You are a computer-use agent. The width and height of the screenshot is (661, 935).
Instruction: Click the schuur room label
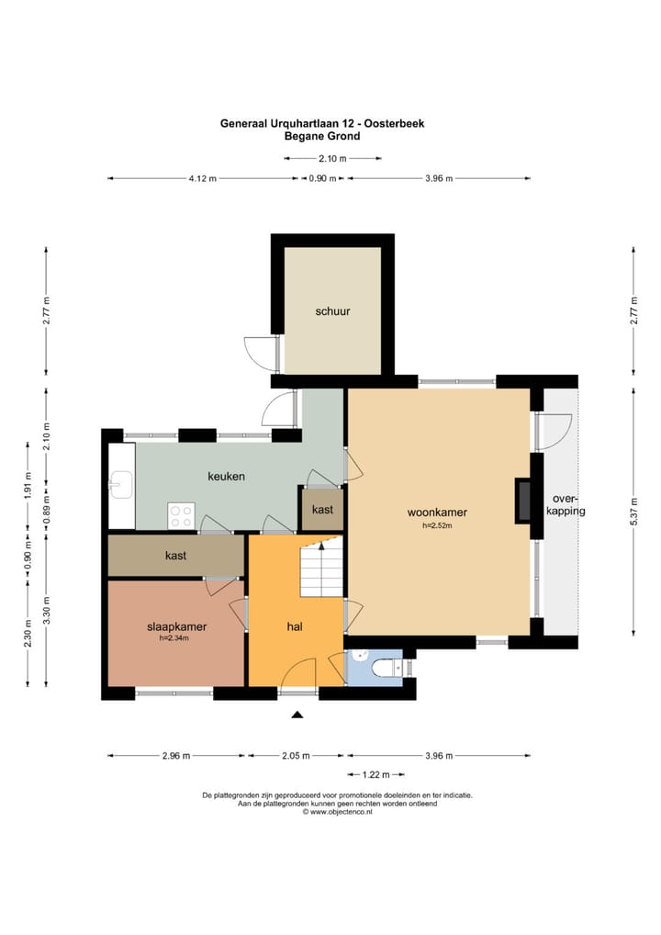332,311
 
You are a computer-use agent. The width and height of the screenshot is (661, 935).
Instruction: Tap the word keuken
226,476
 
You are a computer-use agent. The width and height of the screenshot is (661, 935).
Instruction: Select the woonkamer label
437,513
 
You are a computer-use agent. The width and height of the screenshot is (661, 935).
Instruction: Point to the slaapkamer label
176,626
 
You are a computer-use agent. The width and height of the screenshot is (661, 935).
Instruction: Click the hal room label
295,626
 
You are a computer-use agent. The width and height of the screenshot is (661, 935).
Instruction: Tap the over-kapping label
566,504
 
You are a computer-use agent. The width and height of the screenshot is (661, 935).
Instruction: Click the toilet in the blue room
388,669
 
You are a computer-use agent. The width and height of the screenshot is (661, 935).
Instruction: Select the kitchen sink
121,484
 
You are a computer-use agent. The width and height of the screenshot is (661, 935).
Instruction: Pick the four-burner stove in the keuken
181,516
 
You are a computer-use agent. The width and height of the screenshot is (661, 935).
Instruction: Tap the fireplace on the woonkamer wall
522,501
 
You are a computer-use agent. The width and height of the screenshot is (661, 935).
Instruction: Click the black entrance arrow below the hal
297,715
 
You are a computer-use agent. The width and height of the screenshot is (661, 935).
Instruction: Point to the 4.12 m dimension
203,178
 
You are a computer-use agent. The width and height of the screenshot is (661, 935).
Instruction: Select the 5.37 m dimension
633,512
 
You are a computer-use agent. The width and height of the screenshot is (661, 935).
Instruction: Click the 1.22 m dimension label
375,774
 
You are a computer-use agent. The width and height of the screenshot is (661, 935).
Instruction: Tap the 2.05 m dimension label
296,756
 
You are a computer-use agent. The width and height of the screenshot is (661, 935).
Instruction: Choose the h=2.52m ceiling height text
437,525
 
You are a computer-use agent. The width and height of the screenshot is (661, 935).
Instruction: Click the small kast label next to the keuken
322,510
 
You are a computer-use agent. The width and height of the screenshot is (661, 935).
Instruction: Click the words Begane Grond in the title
322,136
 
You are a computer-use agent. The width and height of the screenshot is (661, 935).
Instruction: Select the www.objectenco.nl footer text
337,812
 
